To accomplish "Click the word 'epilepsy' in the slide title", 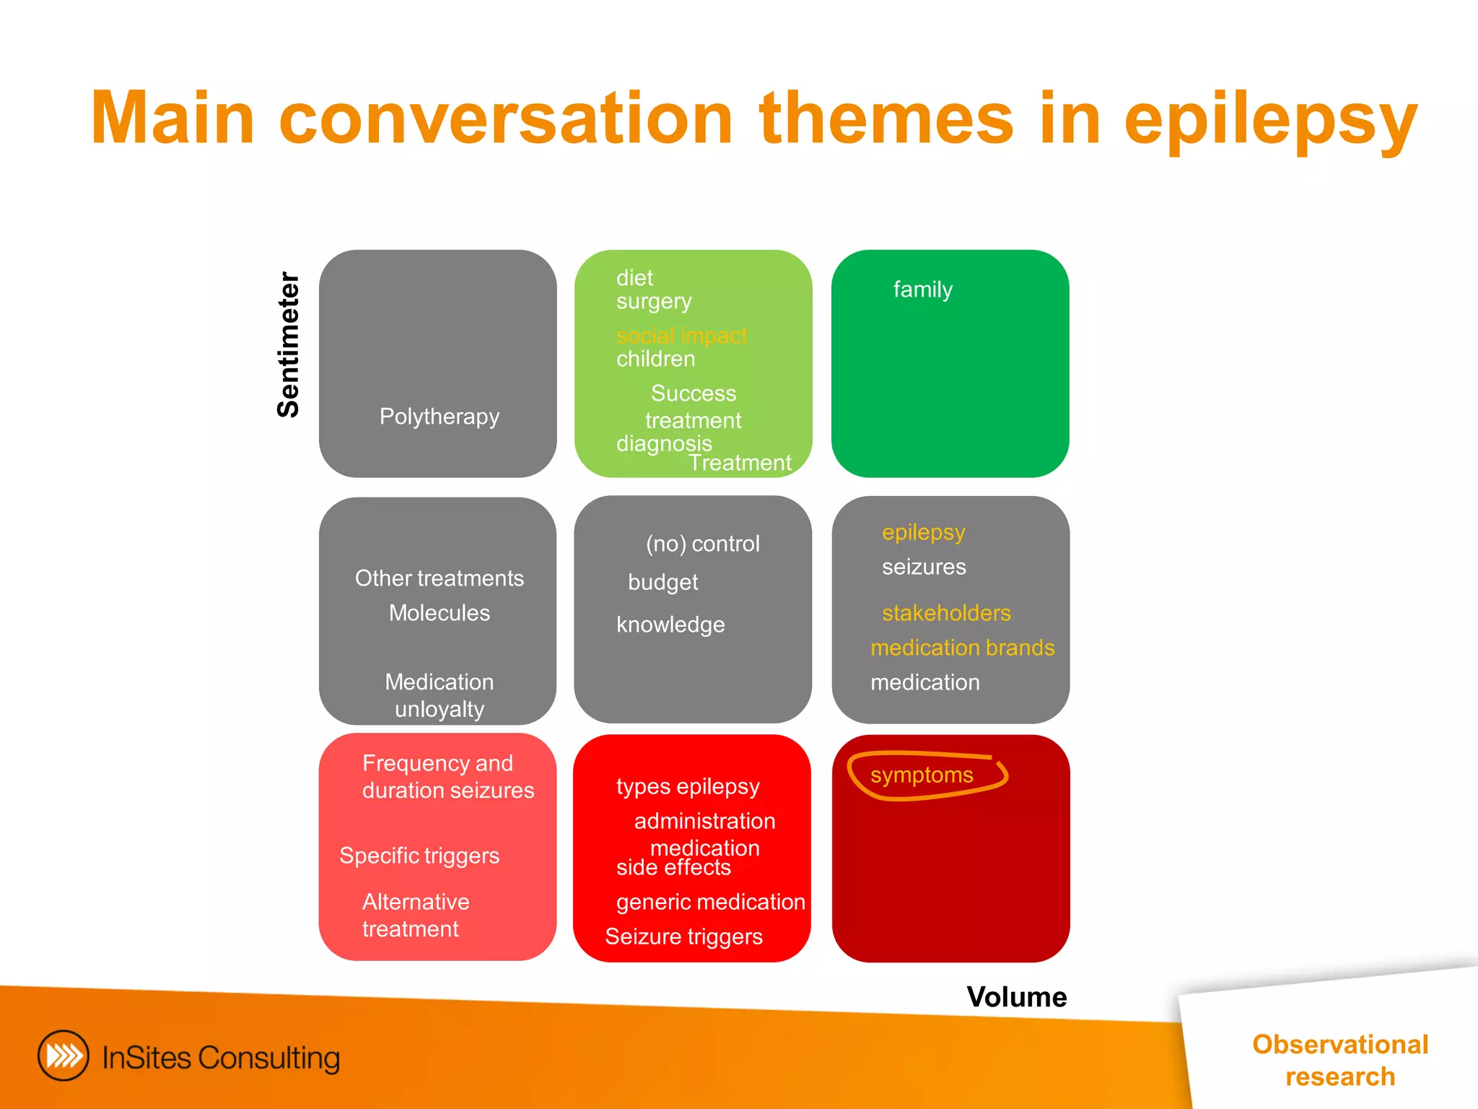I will point(1270,119).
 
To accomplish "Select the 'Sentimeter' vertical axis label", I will point(289,345).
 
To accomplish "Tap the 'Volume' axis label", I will point(1016,997).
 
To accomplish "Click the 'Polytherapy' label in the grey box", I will point(440,417).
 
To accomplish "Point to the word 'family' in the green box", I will point(922,290).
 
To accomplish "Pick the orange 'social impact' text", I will point(681,336).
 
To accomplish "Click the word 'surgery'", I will point(654,301).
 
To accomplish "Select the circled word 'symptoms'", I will point(922,775).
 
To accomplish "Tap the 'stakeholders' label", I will point(946,613).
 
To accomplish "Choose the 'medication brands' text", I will point(962,648).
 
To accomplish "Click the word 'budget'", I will point(663,582).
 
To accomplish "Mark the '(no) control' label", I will point(702,544).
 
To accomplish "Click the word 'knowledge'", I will point(670,625).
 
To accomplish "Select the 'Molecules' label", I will point(439,613).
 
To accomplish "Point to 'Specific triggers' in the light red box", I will point(419,856).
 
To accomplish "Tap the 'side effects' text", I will point(673,868).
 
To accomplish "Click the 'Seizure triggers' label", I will point(683,936).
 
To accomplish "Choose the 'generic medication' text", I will point(710,902).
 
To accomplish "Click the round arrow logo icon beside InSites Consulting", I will point(64,1056).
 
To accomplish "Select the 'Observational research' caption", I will point(1339,1060).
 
